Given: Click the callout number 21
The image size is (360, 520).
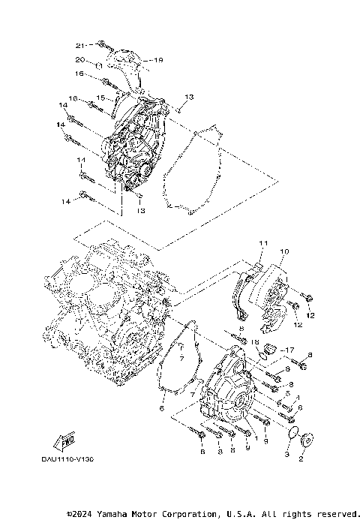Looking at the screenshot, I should [x=80, y=45].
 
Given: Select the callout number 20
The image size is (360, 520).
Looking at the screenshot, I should [x=79, y=59].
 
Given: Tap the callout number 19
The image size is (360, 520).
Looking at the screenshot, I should [x=157, y=59].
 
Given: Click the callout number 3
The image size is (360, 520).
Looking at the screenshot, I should [x=286, y=455].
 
